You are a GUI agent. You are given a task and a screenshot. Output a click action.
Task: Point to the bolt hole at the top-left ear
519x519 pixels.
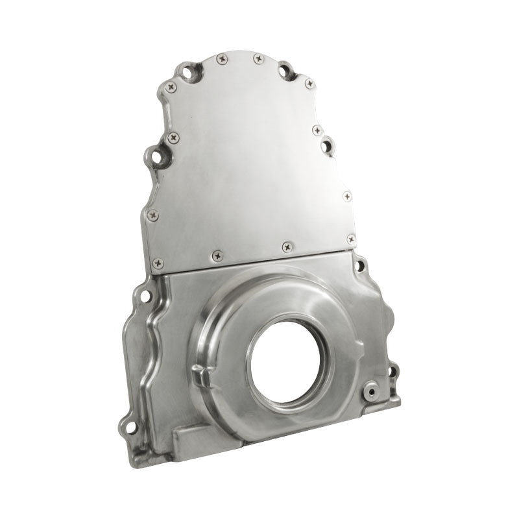click(x=187, y=71)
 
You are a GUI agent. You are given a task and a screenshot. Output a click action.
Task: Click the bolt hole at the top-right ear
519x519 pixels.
click(x=285, y=69)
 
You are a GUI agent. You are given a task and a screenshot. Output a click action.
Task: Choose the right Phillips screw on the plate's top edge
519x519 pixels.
click(x=258, y=58)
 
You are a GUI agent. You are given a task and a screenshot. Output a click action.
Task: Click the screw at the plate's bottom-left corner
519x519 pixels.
click(x=158, y=263)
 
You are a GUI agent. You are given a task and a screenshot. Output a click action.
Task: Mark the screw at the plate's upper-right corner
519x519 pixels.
click(x=309, y=84)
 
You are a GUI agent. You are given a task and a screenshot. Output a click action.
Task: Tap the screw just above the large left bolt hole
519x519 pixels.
click(x=173, y=138)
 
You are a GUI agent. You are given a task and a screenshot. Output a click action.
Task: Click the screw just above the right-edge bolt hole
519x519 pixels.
click(x=317, y=130)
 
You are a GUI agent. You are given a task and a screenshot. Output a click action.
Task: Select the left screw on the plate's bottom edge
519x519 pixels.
click(x=217, y=256)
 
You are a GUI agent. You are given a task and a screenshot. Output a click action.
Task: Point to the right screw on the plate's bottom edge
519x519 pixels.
click(x=287, y=247)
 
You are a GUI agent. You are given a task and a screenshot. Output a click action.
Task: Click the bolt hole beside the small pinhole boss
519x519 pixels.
click(x=392, y=372)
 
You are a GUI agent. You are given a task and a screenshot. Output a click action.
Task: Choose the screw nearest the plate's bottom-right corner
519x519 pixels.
click(x=351, y=239)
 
